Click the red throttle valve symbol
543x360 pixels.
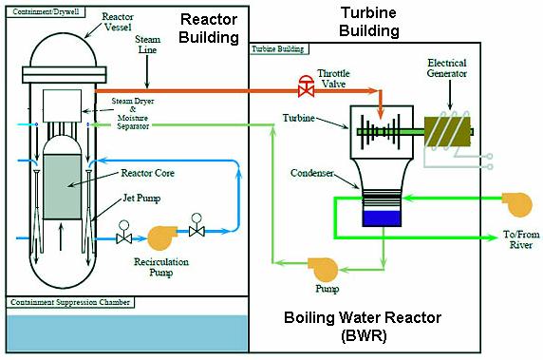point(306,85)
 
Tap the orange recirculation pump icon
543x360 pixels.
point(161,237)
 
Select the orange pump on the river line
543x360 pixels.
point(517,204)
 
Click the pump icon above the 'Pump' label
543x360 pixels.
point(324,270)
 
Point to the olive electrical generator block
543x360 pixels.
point(448,132)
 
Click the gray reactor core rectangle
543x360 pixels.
point(63,187)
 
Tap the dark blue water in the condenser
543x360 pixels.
point(382,218)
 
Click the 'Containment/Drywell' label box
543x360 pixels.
point(46,11)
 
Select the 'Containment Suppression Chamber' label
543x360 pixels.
point(70,302)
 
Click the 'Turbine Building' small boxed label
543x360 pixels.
point(278,48)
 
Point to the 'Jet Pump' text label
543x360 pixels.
point(141,199)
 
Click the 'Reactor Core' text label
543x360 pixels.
point(147,173)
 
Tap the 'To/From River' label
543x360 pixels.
point(521,239)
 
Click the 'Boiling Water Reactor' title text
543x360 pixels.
point(363,317)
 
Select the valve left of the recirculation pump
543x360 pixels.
point(123,232)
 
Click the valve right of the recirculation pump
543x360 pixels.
point(197,225)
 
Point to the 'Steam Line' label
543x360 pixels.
point(147,45)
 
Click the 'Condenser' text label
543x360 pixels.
point(311,173)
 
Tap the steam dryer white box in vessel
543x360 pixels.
point(62,105)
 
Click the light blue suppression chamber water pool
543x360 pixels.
point(127,333)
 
